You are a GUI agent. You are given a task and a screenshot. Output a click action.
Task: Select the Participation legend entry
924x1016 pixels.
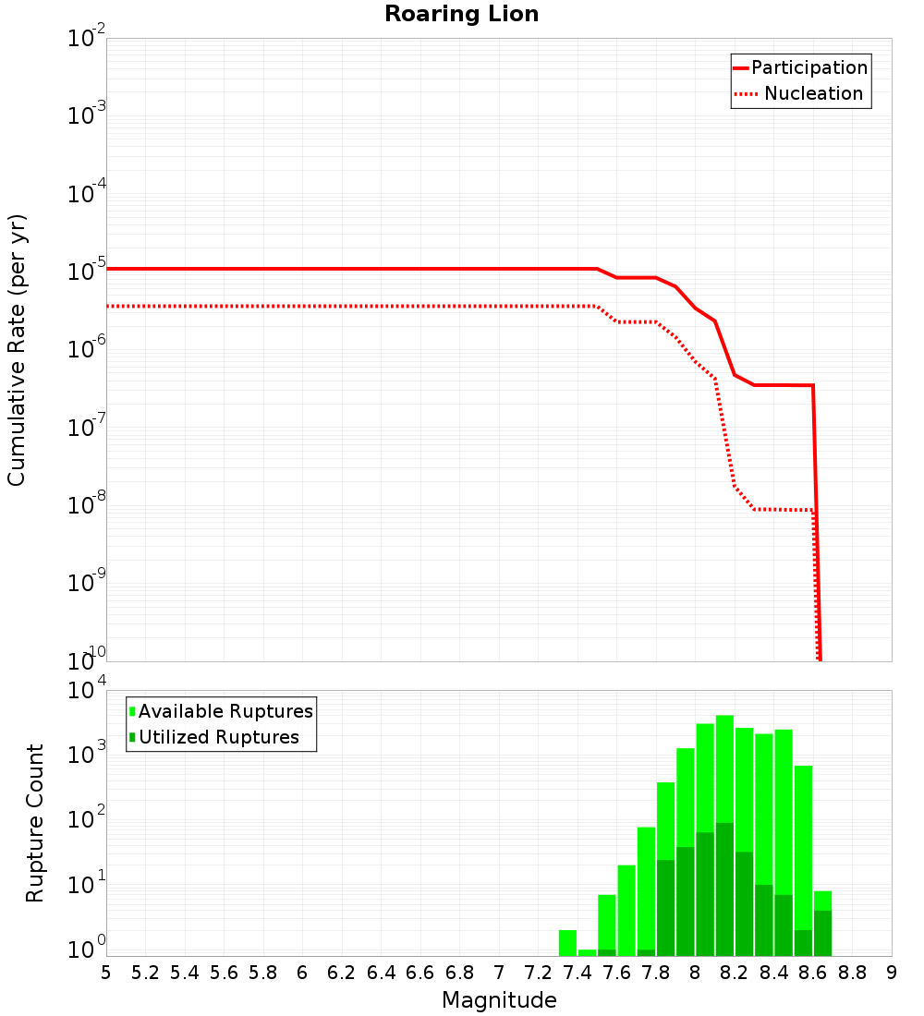808,67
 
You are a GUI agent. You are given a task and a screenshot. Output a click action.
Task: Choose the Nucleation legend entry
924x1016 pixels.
813,94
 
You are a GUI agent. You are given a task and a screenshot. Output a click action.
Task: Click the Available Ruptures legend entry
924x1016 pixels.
225,711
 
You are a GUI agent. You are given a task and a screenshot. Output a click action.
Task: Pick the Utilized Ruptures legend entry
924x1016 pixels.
218,737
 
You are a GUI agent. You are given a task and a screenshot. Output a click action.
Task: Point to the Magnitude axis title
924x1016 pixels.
499,1000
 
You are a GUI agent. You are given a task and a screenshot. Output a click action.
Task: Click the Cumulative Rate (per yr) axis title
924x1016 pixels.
17,349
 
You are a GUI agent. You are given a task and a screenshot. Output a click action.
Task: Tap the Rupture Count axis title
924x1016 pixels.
35,822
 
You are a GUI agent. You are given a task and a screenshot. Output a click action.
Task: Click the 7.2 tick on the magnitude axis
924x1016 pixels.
538,973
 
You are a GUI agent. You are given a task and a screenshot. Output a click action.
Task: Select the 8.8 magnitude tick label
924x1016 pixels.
852,973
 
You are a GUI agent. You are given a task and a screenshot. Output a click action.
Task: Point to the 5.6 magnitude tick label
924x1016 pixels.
224,973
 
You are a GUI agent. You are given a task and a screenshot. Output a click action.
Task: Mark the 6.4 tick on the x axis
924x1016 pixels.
381,973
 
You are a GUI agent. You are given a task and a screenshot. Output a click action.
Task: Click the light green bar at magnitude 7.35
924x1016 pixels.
567,942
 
